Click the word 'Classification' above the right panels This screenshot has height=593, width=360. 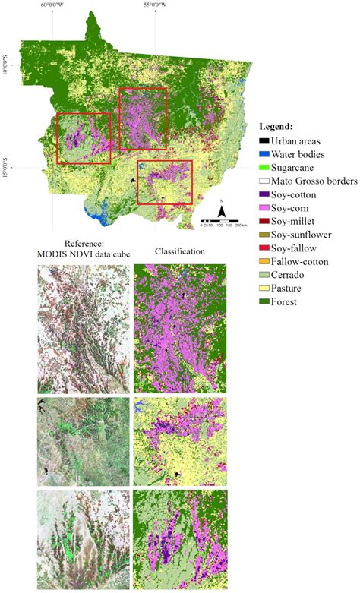point(179,251)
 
